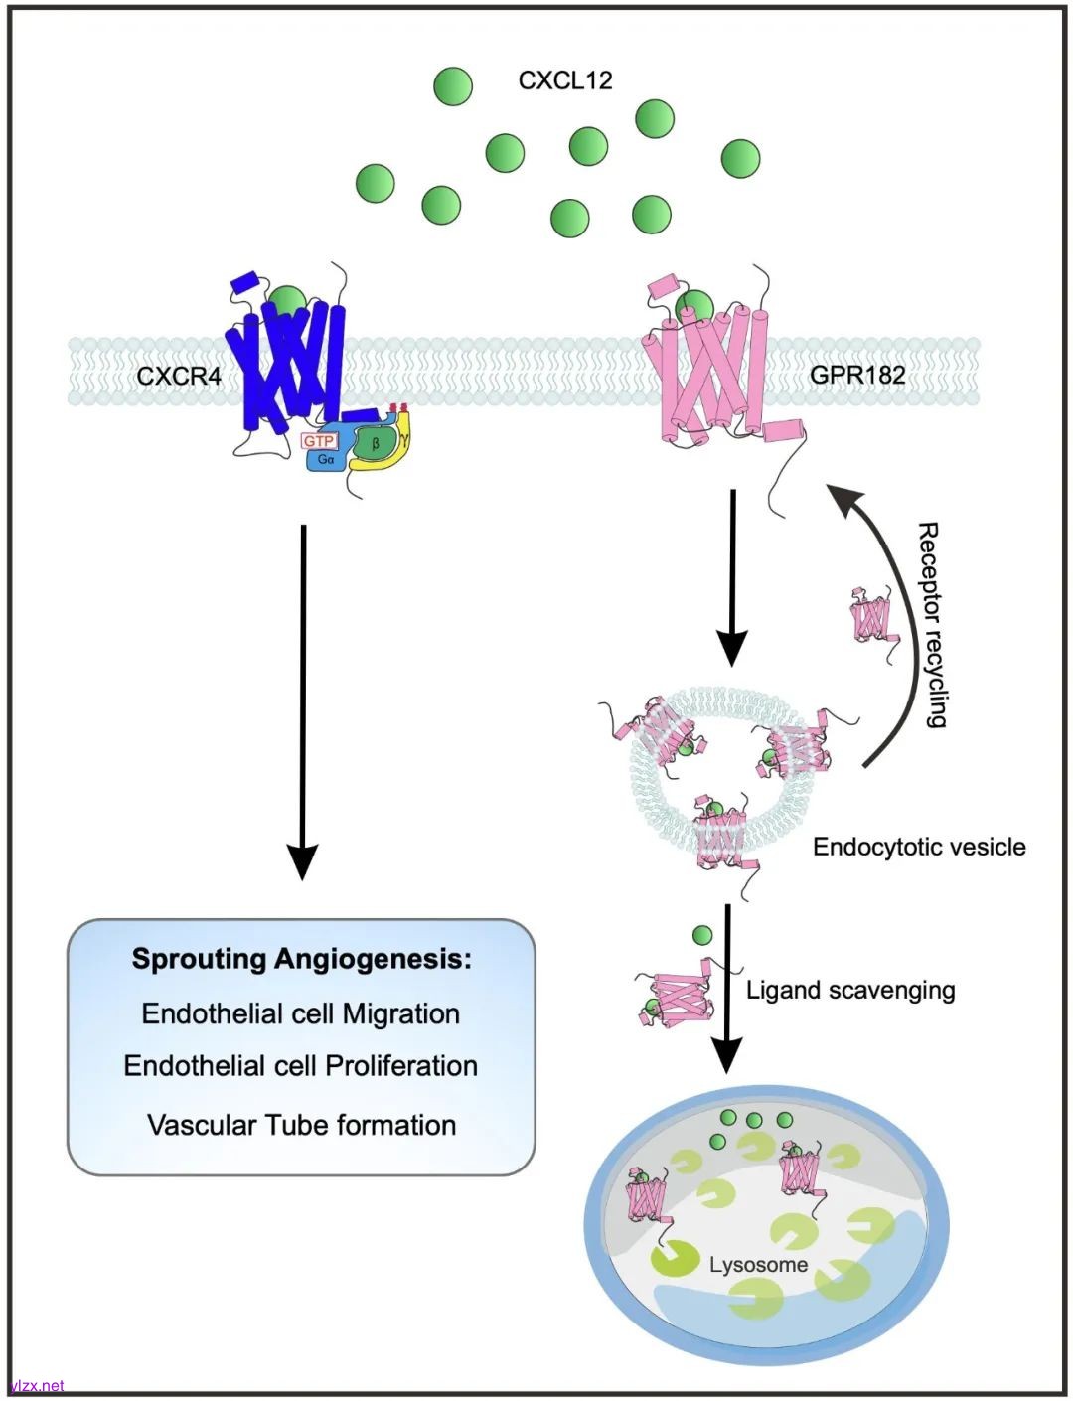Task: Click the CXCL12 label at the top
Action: coord(564,80)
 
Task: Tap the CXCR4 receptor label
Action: coord(179,377)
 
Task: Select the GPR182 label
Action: coord(857,375)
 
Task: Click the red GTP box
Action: coord(319,441)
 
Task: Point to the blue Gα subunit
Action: coord(326,459)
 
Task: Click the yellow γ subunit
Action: coord(402,440)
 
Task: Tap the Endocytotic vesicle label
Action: coord(919,847)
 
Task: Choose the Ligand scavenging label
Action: coord(850,990)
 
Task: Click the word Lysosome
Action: coord(758,1265)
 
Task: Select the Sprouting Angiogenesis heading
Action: coord(301,959)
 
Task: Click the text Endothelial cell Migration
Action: coord(301,1013)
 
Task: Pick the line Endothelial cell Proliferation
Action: coord(301,1066)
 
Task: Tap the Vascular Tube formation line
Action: coord(301,1125)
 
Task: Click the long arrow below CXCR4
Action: coord(303,696)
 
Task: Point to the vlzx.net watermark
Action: coord(38,1385)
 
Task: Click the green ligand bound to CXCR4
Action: coord(289,299)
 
